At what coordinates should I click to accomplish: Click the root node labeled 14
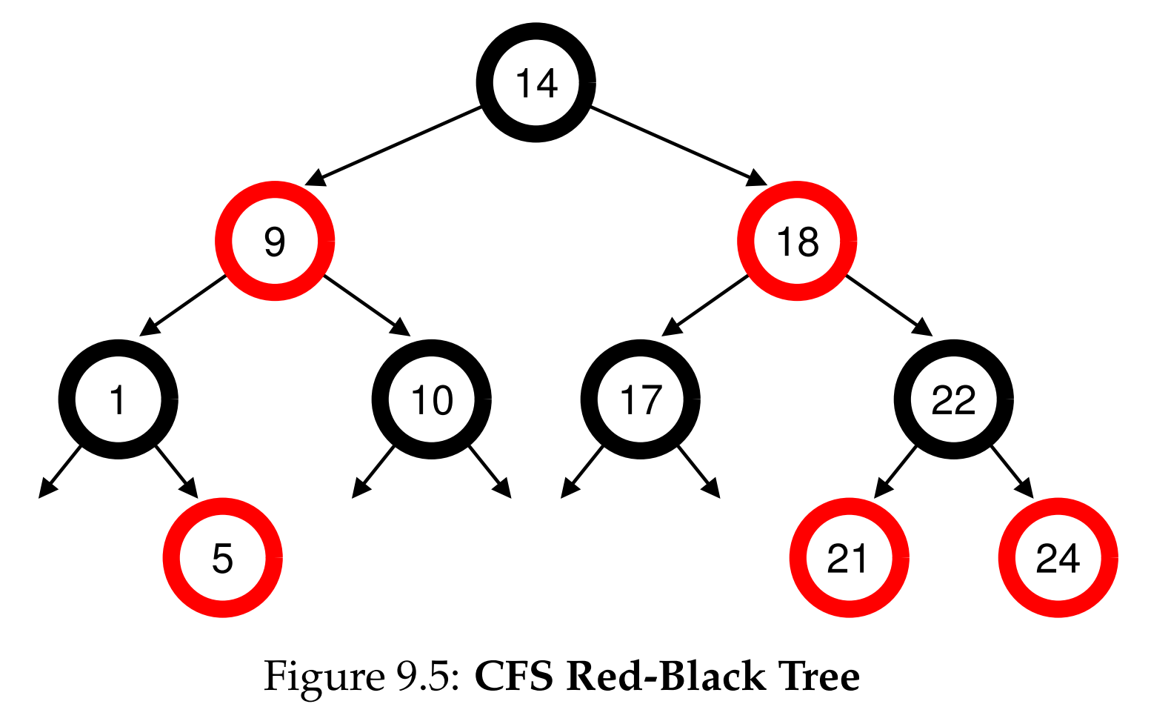pyautogui.click(x=536, y=82)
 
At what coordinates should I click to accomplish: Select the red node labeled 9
pyautogui.click(x=275, y=241)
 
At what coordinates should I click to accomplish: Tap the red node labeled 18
pyautogui.click(x=797, y=241)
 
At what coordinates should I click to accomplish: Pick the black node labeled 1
pyautogui.click(x=118, y=399)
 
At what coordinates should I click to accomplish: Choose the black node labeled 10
pyautogui.click(x=431, y=399)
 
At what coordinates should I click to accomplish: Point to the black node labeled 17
pyautogui.click(x=640, y=399)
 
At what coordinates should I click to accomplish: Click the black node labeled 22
pyautogui.click(x=953, y=399)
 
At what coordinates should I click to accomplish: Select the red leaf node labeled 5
pyautogui.click(x=222, y=557)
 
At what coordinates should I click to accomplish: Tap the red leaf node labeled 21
pyautogui.click(x=849, y=557)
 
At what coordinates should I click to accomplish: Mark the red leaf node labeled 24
pyautogui.click(x=1058, y=557)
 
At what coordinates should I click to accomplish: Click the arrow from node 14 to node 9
pyautogui.click(x=400, y=143)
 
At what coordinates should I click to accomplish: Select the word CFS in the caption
pyautogui.click(x=513, y=677)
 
